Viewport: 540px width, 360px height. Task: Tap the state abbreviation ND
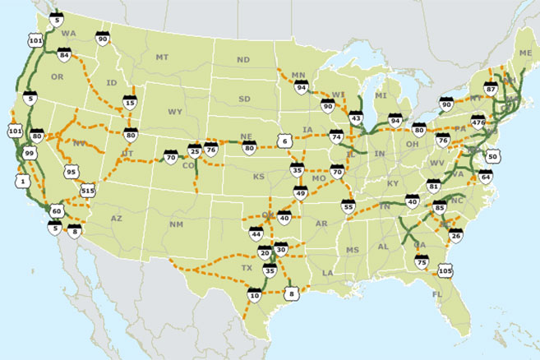pos(242,60)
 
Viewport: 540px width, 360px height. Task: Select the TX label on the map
pos(244,268)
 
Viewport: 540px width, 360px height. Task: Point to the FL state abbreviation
pos(436,293)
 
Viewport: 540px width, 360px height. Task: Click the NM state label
pos(175,224)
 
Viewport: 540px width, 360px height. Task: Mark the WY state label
pos(175,111)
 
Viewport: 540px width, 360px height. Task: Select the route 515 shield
pos(90,190)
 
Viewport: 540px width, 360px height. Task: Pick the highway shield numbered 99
pos(30,153)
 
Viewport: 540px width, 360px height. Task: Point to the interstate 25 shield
pos(195,151)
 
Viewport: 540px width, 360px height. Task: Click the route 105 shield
pos(446,270)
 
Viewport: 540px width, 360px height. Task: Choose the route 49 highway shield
pos(300,194)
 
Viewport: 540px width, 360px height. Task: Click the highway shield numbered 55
pos(348,207)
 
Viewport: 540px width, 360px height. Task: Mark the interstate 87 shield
pos(491,88)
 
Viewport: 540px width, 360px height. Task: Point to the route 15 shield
pos(129,102)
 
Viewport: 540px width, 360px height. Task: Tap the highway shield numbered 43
pos(355,118)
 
